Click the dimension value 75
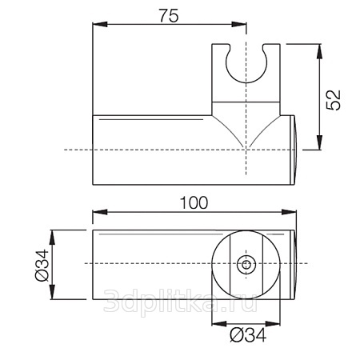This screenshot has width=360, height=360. tap(169, 16)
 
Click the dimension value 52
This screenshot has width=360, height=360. tap(334, 100)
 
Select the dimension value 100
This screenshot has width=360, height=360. tap(194, 203)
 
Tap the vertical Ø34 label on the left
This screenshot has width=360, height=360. tap(42, 265)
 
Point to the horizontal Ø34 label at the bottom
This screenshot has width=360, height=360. tap(248, 335)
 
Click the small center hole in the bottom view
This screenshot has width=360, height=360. tap(246, 265)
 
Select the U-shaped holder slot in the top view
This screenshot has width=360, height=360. tap(246, 63)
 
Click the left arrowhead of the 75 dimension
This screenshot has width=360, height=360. tap(100, 24)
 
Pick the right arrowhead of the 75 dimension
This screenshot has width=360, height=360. tap(239, 24)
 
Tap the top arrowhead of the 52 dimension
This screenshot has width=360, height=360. tap(319, 51)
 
